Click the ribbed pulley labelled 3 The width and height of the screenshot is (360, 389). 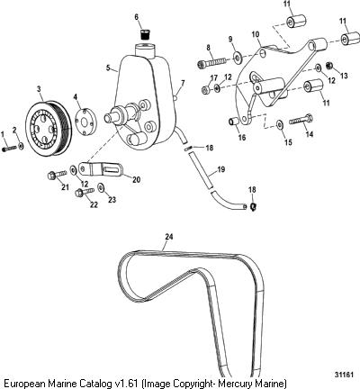coord(49,128)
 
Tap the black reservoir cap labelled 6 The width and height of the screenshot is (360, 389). coord(145,33)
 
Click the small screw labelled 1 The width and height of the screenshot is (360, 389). coord(10,149)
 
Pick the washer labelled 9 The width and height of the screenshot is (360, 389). coord(238,57)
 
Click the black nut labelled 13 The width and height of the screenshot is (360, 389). coord(328,65)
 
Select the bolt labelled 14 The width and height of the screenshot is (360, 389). coord(301,121)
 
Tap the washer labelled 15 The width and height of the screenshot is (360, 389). coord(280,124)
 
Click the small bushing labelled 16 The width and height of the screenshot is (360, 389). coord(234,122)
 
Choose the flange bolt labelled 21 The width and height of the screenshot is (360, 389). coord(57,174)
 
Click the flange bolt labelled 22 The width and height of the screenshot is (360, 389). coord(85,191)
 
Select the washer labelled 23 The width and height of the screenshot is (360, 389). coord(101,187)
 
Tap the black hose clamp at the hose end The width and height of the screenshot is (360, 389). coord(253,206)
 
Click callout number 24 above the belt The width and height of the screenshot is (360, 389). coord(169,237)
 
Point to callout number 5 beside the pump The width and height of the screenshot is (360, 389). coord(108,68)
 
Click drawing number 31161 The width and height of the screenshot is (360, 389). coord(343,375)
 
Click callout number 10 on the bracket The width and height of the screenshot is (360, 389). coord(256,35)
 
